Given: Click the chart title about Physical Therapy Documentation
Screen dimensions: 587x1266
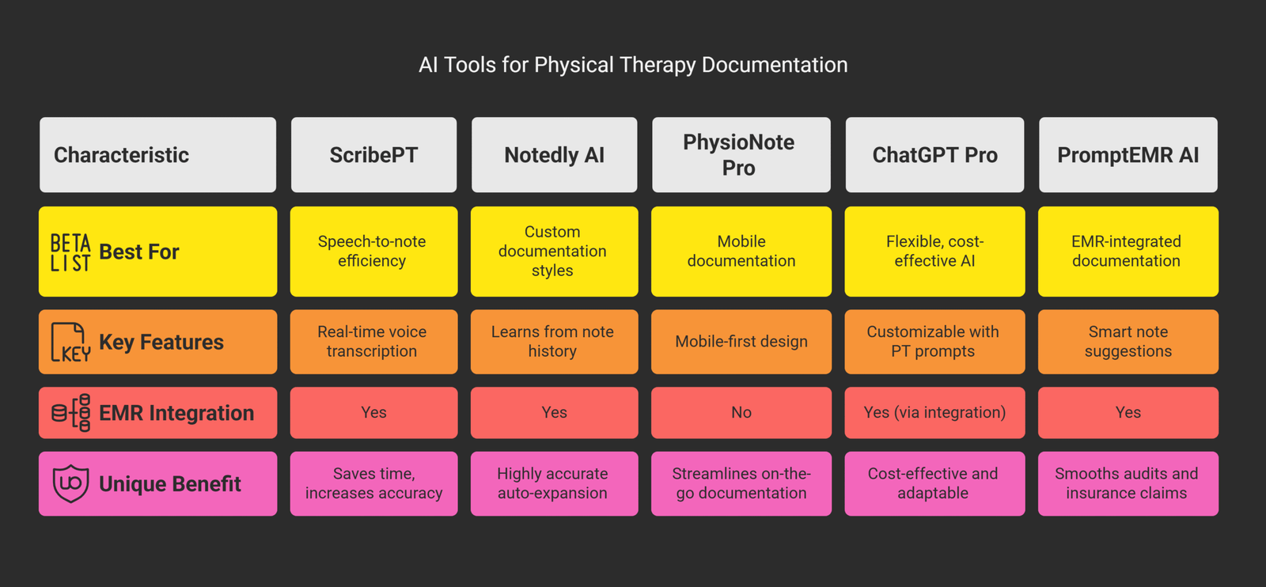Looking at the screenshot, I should coord(633,65).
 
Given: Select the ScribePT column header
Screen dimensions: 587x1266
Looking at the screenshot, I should coord(373,155).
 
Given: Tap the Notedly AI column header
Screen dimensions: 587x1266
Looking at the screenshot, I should coord(554,155).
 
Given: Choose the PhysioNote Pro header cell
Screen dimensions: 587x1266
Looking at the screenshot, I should coord(741,155).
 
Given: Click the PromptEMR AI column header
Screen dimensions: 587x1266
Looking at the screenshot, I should coord(1128,155).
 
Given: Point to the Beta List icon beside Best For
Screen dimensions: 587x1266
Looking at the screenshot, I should coord(70,252).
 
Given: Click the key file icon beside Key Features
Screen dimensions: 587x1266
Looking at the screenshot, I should coord(70,342).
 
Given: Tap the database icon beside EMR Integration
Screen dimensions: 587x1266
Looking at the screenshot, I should coord(70,413).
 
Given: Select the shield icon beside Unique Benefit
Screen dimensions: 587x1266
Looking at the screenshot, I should coord(70,483).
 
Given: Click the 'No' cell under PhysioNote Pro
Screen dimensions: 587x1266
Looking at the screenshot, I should coord(741,412).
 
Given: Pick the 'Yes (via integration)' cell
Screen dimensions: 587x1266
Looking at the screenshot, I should coord(934,412).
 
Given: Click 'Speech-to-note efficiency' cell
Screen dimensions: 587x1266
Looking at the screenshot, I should coord(373,252).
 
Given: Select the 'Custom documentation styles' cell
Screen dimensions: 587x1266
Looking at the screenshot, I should coord(553,252).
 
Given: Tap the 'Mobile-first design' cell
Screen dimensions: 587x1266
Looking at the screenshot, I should coord(741,342).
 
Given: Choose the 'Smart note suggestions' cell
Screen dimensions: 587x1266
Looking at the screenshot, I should coord(1128,342).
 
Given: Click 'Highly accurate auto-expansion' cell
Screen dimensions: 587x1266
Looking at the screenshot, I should coord(553,483).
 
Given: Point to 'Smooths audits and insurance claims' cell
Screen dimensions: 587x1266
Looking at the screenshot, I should coord(1128,483).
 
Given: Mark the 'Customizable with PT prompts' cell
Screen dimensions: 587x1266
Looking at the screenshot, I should coord(934,342).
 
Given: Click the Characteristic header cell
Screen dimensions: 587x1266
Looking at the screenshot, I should coord(157,155).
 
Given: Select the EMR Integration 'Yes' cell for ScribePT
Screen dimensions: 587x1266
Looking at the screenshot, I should coord(373,412).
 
